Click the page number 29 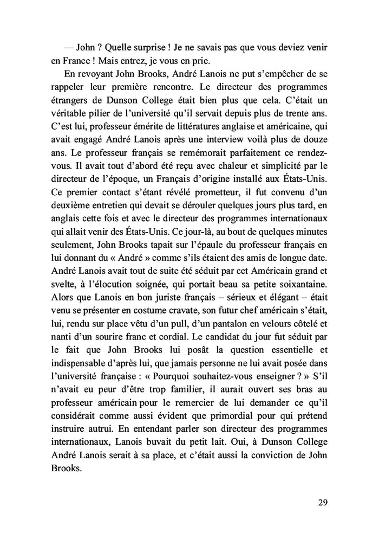[x=323, y=502]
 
